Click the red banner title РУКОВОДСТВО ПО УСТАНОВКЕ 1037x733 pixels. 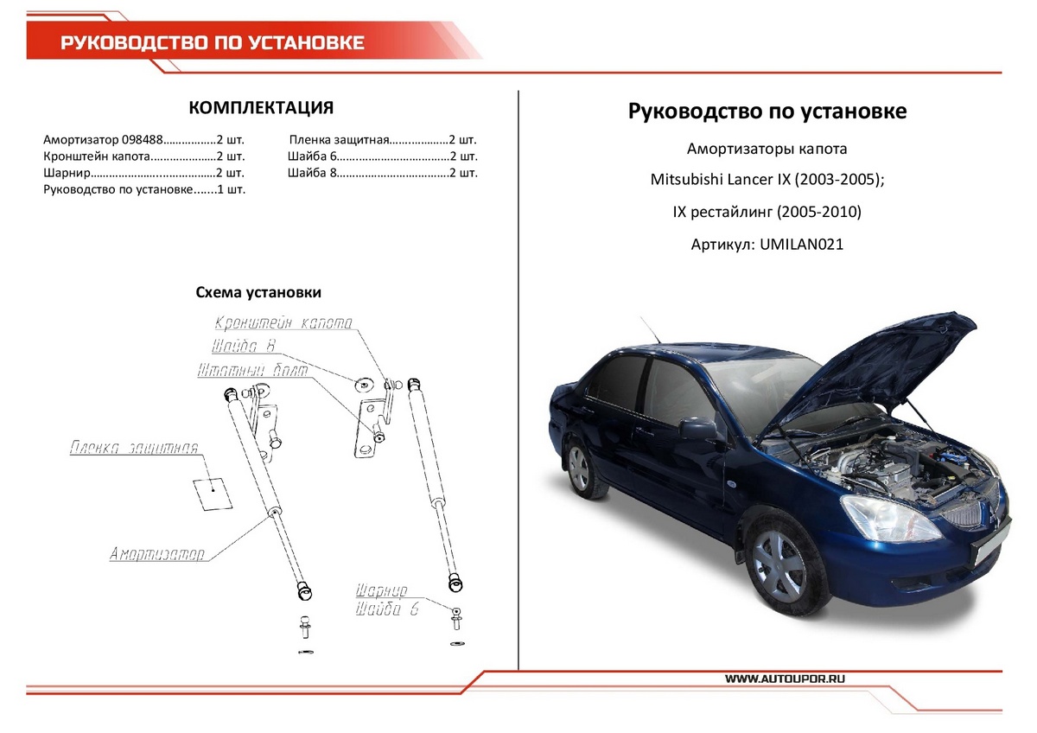click(x=212, y=43)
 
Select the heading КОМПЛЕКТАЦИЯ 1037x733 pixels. click(x=261, y=107)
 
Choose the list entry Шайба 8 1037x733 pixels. click(x=309, y=173)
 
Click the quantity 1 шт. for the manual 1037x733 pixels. click(x=231, y=189)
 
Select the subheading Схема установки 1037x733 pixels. click(x=258, y=293)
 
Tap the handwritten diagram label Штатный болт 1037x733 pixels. click(x=252, y=370)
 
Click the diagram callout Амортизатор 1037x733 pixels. click(x=156, y=554)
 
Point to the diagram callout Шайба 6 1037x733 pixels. click(x=386, y=609)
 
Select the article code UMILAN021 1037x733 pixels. click(x=801, y=245)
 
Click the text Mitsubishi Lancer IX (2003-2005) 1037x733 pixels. click(x=767, y=181)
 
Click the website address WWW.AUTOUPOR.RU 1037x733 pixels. click(x=785, y=679)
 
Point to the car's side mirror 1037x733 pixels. click(x=697, y=429)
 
